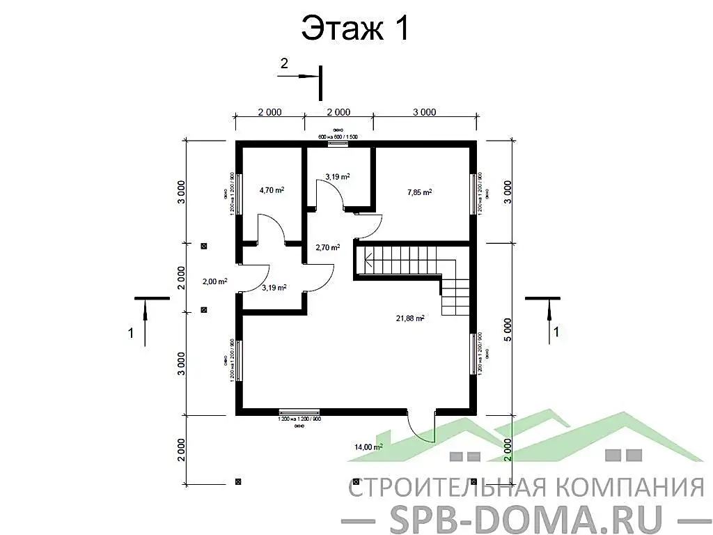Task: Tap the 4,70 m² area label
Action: tap(272, 189)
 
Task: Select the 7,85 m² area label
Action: tap(419, 192)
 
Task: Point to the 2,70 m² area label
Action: tap(327, 247)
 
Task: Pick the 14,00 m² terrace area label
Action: tap(368, 447)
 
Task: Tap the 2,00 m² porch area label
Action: tap(214, 281)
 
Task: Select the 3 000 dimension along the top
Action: tap(425, 112)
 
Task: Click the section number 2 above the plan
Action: tap(284, 63)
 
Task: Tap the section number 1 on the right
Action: tap(556, 332)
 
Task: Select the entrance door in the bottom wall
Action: tap(421, 426)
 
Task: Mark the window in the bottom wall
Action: tap(299, 412)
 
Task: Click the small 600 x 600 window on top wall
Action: tap(338, 143)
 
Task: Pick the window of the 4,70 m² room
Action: tap(238, 194)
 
